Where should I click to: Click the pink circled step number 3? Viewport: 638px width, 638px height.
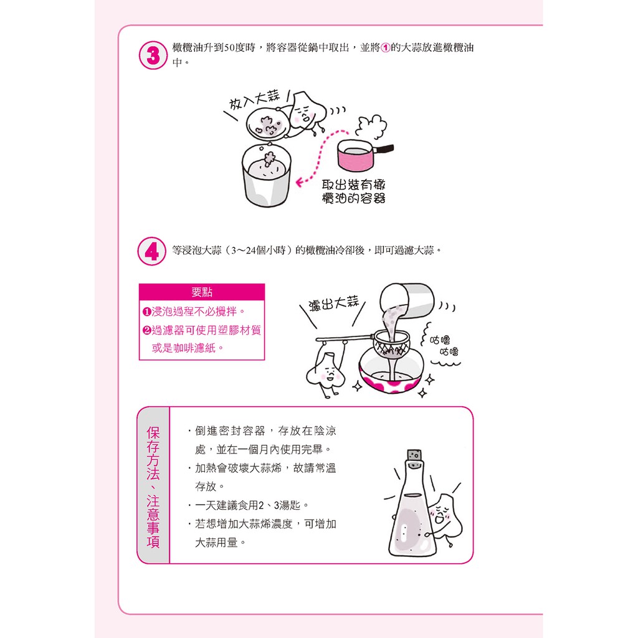[x=153, y=55]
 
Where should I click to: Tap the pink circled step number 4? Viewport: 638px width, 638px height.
[x=152, y=251]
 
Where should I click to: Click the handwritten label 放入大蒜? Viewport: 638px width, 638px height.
[x=255, y=99]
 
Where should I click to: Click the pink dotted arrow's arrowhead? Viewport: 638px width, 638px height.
[x=300, y=183]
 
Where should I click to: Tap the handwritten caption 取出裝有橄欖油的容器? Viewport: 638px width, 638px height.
[x=353, y=192]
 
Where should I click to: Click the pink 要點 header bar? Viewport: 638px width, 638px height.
[x=202, y=292]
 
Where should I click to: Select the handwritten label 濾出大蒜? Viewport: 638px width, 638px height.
[x=334, y=303]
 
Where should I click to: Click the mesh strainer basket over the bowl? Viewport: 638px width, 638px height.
[x=391, y=344]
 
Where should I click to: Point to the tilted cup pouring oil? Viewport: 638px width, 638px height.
[x=407, y=302]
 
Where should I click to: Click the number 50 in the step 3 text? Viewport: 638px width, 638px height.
[x=229, y=48]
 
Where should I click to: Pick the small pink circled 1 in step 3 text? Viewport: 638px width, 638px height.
[x=385, y=48]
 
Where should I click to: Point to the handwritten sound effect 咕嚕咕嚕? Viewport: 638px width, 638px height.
[x=444, y=345]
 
